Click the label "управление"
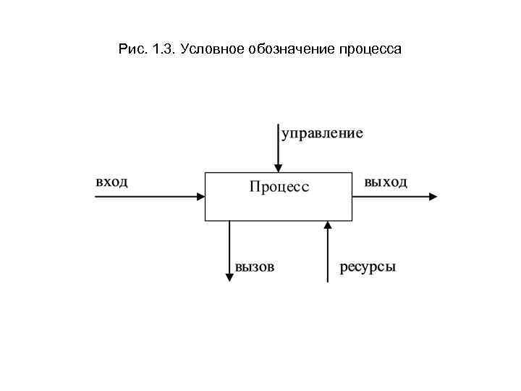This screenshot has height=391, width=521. pos(322,134)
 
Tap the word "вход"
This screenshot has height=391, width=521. pos(112,181)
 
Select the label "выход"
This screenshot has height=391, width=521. pos(386,182)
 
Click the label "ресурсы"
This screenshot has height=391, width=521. pos(368,266)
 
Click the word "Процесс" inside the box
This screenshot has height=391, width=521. pos(279,187)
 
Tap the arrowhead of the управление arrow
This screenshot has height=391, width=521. pos(278,167)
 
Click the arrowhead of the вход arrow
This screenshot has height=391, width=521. pos(200,195)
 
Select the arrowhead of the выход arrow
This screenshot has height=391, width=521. pos(433,195)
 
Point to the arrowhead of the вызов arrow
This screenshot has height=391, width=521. pos(230,277)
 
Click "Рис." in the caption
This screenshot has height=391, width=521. pos(131,50)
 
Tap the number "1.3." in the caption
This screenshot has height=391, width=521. pos(164,50)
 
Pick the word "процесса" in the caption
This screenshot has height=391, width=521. pos(370,50)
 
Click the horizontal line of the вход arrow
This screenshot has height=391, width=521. pos(145,195)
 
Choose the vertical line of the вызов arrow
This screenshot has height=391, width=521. pos(230,246)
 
